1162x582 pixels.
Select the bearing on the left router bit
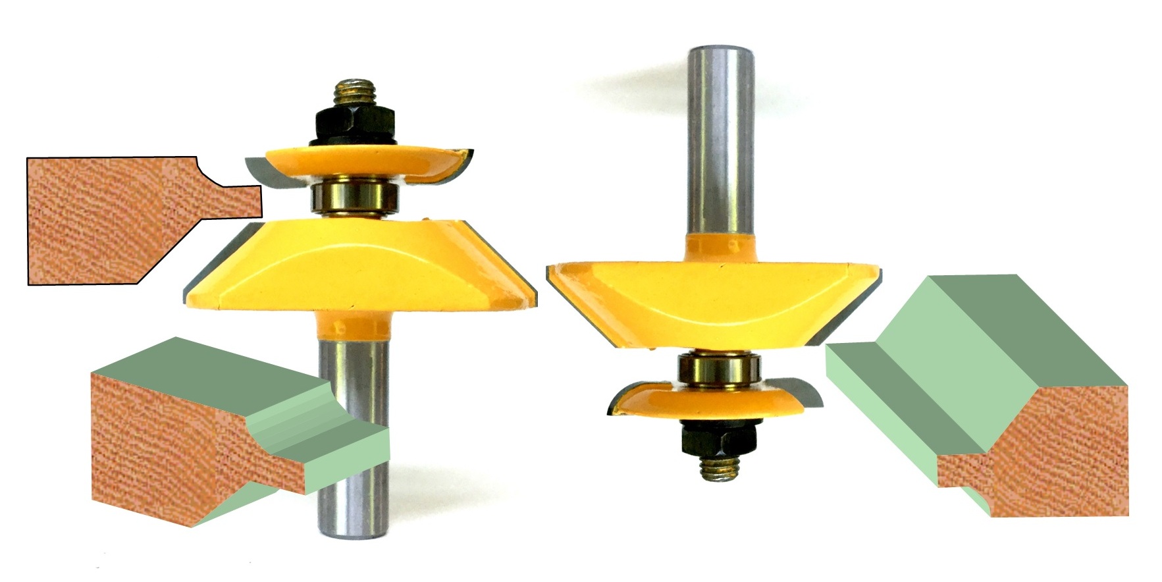click(x=355, y=197)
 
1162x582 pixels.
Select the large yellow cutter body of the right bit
click(x=714, y=300)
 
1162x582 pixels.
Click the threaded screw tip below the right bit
click(x=720, y=466)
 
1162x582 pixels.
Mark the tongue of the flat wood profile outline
click(x=240, y=201)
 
